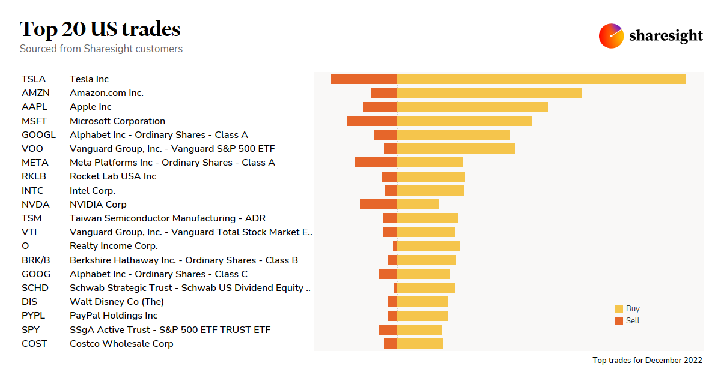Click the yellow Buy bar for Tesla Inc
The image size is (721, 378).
(541, 79)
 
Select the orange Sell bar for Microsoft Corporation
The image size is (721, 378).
(372, 121)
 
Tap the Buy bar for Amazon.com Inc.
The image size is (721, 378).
(490, 92)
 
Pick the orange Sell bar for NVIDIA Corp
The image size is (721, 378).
(379, 204)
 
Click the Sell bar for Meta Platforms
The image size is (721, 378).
(376, 163)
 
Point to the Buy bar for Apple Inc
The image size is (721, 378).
(472, 107)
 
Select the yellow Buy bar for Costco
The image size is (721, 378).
(420, 343)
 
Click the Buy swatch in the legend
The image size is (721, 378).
(619, 309)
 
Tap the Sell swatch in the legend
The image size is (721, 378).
(619, 321)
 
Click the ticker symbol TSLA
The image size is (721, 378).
(33, 79)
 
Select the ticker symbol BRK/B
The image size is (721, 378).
(35, 260)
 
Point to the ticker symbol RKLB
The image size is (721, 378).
(34, 176)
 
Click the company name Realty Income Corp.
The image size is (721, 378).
(114, 246)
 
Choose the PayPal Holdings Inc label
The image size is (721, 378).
(114, 316)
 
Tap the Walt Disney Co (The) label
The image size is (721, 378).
(117, 302)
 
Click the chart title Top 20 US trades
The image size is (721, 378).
(100, 29)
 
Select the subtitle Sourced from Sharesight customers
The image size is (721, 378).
(101, 49)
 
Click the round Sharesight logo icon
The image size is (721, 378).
(611, 36)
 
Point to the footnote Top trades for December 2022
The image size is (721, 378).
(647, 361)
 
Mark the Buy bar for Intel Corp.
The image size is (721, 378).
(430, 190)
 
